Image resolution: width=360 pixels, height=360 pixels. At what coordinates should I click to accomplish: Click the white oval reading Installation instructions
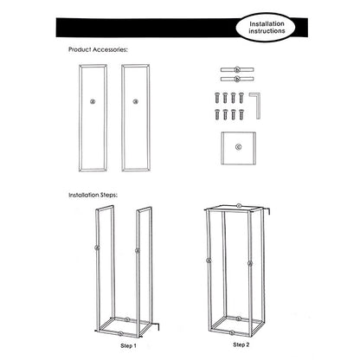coord(266,28)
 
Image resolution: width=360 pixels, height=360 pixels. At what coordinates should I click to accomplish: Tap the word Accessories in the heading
coord(110,49)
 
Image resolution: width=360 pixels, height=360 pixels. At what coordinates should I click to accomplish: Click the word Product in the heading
coord(80,49)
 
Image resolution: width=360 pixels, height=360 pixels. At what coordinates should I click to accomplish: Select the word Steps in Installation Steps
coord(108,196)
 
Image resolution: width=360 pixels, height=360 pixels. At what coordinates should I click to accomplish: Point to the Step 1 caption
coord(128,345)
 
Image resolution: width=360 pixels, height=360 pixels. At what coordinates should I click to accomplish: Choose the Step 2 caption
coord(241,344)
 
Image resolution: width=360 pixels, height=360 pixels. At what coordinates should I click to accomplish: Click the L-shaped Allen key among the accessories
coord(255,105)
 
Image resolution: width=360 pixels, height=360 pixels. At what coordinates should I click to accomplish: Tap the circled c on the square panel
coord(238,147)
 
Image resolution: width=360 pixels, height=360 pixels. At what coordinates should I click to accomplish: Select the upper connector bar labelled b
coord(237,69)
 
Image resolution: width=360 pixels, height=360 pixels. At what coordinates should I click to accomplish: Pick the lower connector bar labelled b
coord(237,79)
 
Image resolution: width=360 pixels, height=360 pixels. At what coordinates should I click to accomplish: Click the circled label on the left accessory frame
coord(93,101)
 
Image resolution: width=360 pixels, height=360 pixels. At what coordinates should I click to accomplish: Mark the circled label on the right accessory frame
coord(135,101)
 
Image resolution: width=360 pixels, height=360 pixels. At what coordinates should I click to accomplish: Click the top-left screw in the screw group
coord(217,98)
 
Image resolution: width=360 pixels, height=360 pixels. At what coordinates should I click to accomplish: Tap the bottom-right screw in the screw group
coord(241,114)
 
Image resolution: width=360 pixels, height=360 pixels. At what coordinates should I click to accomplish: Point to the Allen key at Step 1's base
coord(157,326)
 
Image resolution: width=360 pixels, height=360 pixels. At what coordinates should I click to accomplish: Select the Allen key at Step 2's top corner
coord(267,210)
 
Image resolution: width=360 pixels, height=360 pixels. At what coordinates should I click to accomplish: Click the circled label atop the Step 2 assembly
coord(239,205)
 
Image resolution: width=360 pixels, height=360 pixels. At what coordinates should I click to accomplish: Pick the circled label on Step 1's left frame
coord(97,247)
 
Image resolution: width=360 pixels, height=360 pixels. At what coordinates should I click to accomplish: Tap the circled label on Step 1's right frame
coord(138,251)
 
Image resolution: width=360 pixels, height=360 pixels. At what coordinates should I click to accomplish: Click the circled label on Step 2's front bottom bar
coord(232,333)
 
